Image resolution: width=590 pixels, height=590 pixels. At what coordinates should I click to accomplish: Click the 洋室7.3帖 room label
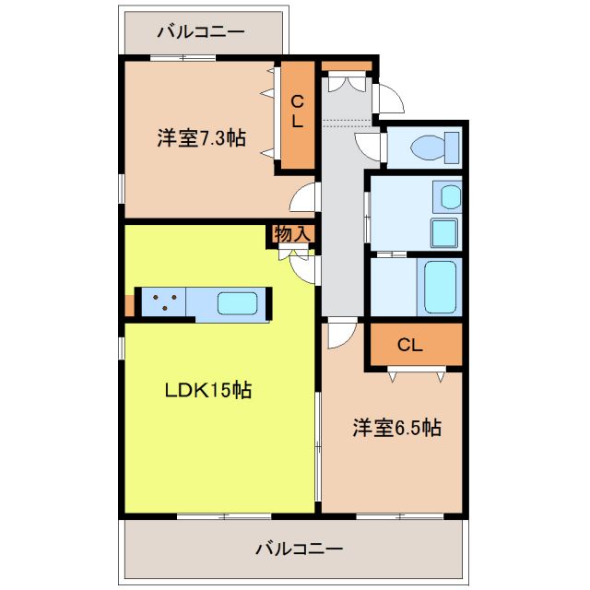coord(200,139)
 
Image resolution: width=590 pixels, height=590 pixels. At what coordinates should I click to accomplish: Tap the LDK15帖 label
coord(208,390)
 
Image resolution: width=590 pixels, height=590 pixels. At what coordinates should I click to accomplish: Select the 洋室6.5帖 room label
coord(396,428)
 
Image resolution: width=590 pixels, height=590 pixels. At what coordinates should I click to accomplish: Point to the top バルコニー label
coord(200,32)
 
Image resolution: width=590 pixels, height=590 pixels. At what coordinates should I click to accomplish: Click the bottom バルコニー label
coord(299,549)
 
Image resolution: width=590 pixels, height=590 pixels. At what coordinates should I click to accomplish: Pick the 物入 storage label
coord(293,235)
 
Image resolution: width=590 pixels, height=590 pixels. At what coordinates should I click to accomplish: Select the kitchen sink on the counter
coord(238,303)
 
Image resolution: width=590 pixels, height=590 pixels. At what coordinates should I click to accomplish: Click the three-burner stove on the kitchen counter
coord(164,303)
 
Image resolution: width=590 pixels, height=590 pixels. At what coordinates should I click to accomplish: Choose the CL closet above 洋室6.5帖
coord(410,346)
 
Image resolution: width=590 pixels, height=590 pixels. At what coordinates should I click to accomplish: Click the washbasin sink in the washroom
coord(448,195)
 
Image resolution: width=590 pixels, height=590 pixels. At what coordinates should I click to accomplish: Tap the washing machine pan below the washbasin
coord(444,234)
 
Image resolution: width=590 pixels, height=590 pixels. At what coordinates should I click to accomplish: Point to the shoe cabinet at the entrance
coord(348,67)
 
